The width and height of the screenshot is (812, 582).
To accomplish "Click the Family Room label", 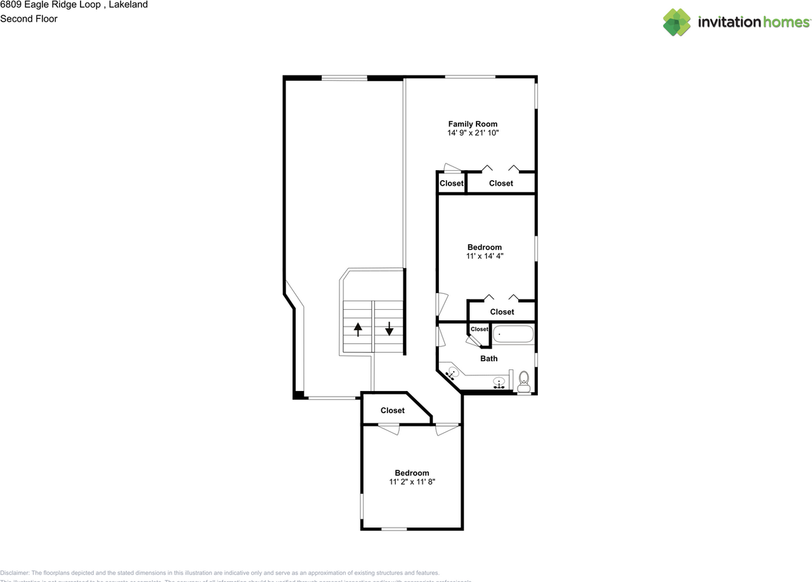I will [473, 124].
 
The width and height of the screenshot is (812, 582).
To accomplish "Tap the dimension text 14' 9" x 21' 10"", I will [473, 134].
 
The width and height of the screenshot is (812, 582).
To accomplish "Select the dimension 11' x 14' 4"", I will [485, 256].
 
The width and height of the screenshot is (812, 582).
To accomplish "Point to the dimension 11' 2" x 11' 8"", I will [412, 482].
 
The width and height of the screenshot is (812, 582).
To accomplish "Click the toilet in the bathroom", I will [524, 381].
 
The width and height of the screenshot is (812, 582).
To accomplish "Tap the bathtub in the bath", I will [513, 334].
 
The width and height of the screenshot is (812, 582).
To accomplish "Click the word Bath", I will [488, 359].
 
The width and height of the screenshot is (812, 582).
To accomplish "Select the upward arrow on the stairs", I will [358, 329].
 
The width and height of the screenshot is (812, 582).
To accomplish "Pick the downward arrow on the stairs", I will [389, 329].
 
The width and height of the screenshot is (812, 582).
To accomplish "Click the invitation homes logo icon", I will [677, 22].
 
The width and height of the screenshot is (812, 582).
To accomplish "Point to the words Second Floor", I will [29, 19].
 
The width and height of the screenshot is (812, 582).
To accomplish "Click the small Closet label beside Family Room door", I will [452, 183].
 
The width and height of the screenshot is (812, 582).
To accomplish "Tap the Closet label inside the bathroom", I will [480, 329].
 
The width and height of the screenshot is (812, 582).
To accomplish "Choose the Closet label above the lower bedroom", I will [393, 411].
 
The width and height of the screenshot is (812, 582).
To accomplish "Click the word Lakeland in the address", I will [128, 5].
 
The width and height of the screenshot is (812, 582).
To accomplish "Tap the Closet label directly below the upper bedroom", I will [502, 312].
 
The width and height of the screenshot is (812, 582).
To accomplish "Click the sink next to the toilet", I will [500, 382].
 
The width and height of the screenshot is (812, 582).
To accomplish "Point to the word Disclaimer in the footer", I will [15, 572].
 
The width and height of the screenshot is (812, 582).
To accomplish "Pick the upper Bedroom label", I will [485, 248].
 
